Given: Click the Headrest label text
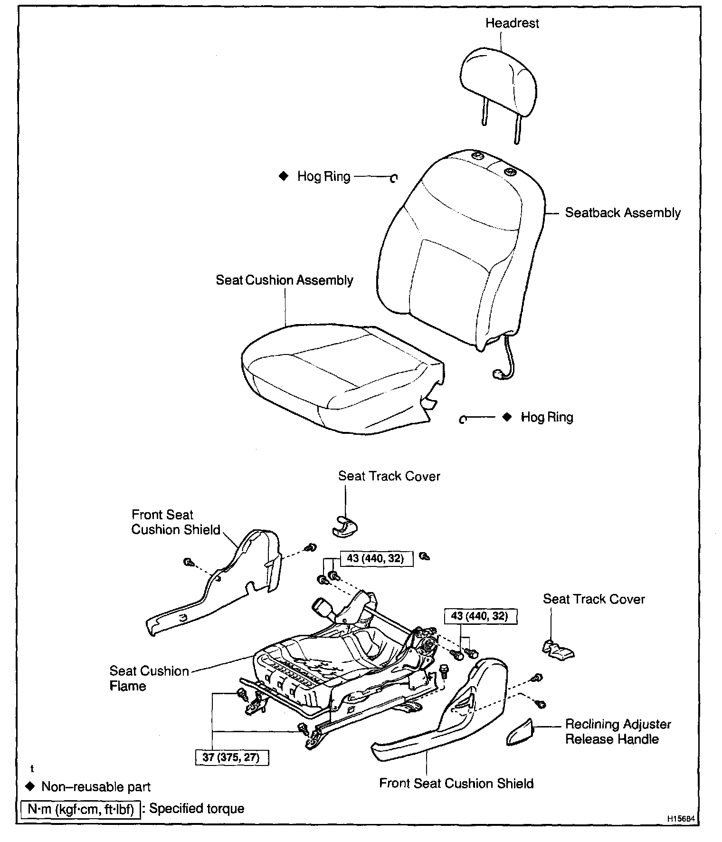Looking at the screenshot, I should coord(512,23).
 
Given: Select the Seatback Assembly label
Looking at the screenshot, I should coord(622,213).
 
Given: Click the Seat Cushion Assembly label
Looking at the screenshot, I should coord(284,280).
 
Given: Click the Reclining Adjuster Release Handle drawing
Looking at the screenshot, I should coord(519,733).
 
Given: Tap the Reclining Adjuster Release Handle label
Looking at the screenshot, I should coord(617,732).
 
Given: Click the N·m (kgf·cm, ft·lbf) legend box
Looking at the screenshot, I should coord(80,809).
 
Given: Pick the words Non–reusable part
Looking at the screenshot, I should coord(96,786).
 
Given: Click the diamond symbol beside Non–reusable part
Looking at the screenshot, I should coord(31,786).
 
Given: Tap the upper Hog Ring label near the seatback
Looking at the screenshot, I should coord(323,177).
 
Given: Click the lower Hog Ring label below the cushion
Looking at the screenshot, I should coord(547,417).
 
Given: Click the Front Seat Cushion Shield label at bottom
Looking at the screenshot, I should coord(456,783).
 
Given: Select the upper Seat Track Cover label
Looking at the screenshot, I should coord(389,476).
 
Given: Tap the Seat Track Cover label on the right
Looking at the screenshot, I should coord(594,599).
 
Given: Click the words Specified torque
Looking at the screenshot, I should coord(197,808).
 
